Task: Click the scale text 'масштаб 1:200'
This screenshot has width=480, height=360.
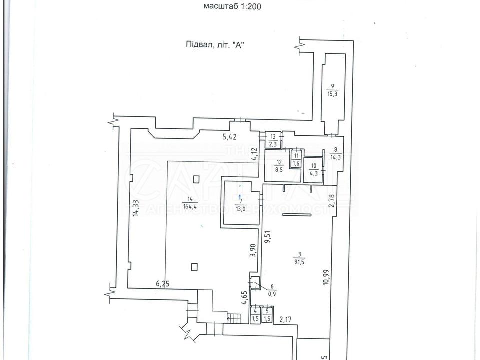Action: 233,7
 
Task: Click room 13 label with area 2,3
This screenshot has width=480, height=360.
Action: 273,140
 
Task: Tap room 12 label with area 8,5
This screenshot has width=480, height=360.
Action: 279,165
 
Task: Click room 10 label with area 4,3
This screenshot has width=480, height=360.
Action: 313,170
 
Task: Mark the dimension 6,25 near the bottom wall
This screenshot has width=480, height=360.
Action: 163,284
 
